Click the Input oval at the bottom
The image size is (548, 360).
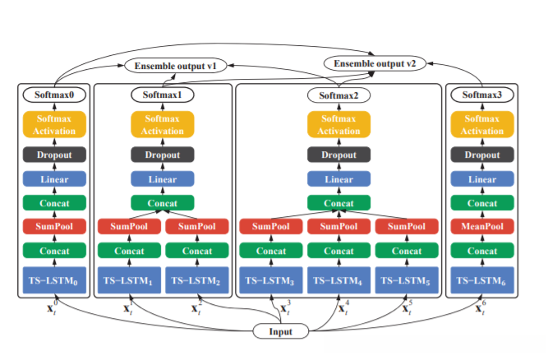(x=280, y=331)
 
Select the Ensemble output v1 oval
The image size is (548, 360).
(x=175, y=66)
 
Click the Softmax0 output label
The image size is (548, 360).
(x=53, y=95)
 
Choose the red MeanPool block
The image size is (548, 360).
(x=481, y=226)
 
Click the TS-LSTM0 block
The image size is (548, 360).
(x=53, y=281)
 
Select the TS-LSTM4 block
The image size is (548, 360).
(x=339, y=281)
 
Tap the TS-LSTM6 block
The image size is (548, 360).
(x=481, y=281)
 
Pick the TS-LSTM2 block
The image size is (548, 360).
(x=197, y=281)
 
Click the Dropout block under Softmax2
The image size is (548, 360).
(x=339, y=155)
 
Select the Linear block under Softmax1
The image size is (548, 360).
(x=163, y=179)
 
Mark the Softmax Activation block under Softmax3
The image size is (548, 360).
(x=481, y=124)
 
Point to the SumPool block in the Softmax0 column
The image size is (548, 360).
(x=53, y=226)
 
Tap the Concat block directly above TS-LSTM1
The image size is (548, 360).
(x=129, y=251)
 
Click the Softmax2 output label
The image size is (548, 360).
(x=339, y=96)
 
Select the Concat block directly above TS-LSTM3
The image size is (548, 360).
(x=271, y=251)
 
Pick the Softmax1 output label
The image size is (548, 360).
(x=163, y=95)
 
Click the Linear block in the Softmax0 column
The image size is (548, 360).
(x=53, y=179)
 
